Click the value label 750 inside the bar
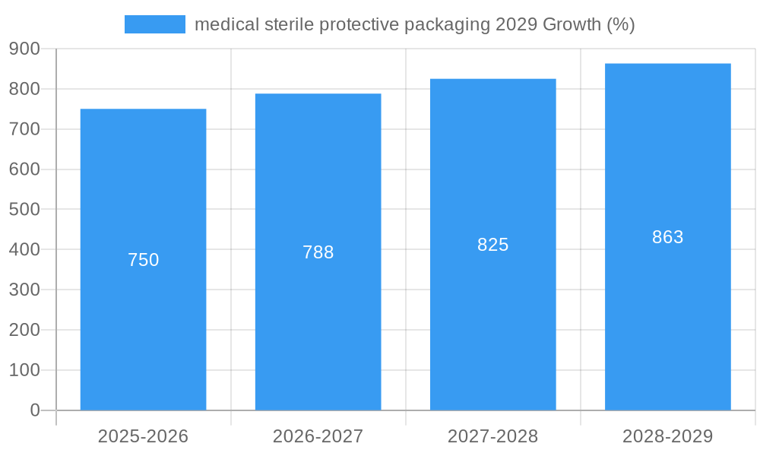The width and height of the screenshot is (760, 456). point(143,260)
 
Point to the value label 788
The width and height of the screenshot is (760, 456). point(318,252)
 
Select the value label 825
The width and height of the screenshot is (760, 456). point(492,245)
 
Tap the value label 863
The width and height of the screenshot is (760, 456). point(667,237)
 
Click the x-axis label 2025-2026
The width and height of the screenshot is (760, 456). point(143,436)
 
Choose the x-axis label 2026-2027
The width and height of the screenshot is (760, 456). point(318,436)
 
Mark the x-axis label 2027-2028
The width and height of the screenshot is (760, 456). point(492,436)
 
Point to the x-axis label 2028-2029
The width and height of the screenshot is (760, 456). point(667,436)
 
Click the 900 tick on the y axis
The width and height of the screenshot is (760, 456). point(24,49)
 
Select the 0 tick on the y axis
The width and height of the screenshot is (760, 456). point(34,410)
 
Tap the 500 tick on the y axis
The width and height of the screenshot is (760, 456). point(24,209)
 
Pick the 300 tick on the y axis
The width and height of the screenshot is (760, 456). point(24,290)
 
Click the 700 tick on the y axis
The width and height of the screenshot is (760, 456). point(24,129)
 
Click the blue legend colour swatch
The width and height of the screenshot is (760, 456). point(155,24)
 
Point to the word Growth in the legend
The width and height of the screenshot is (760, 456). point(571,24)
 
